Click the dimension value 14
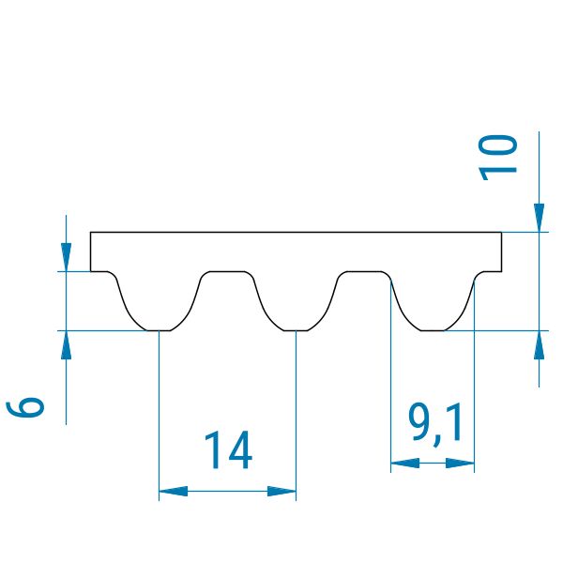[228, 449]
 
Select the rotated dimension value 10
[498, 158]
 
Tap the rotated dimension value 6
[25, 407]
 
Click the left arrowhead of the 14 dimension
[173, 491]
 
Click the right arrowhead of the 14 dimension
[281, 491]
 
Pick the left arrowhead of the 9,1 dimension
[405, 463]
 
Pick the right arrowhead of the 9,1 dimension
[460, 463]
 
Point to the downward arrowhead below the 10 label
[539, 218]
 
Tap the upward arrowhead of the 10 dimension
[539, 344]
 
